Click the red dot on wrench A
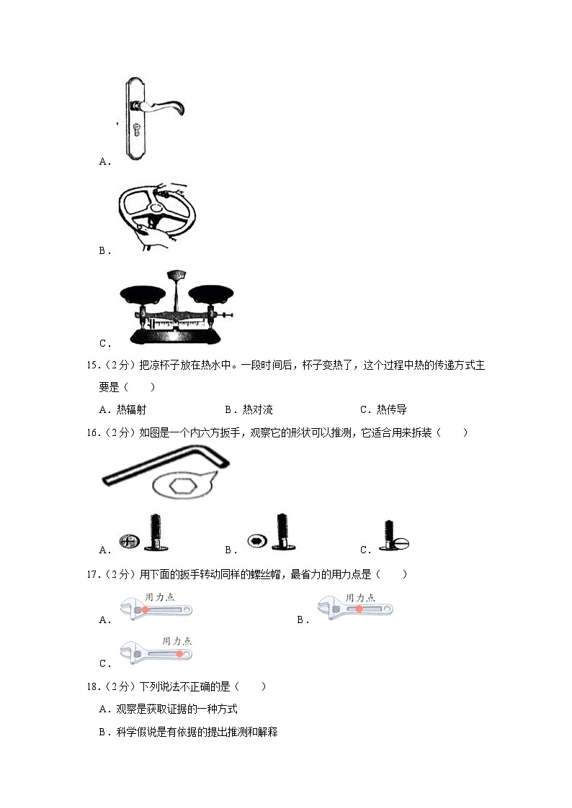[145, 609]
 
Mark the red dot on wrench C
[180, 654]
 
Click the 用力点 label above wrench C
[177, 640]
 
